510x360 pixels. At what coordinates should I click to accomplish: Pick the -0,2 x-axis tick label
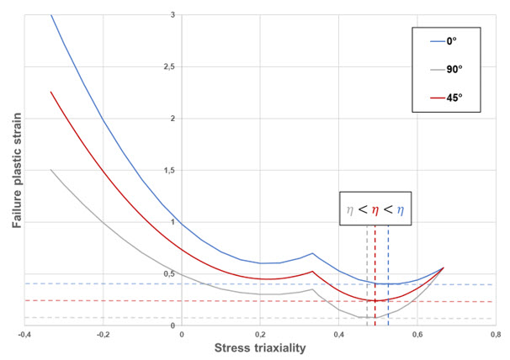click(x=103, y=334)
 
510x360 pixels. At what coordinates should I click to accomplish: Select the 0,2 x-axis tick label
click(x=260, y=334)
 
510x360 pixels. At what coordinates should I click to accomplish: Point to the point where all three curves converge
click(x=443, y=267)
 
